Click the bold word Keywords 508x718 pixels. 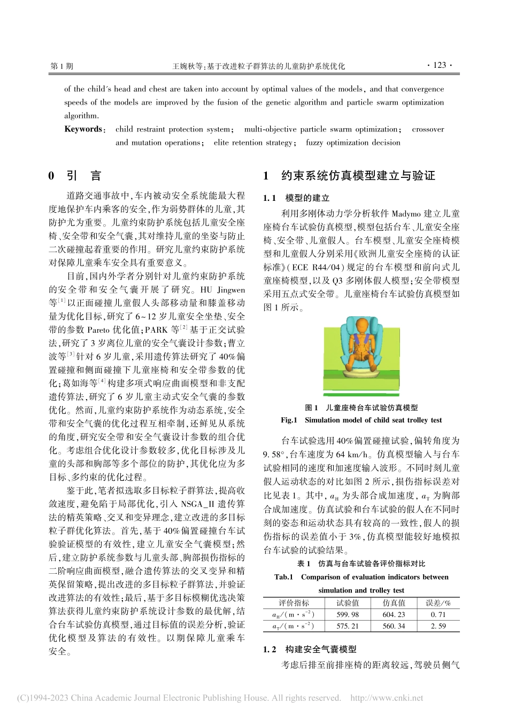point(83,129)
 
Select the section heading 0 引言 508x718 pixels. point(74,176)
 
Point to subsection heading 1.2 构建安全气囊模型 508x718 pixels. point(310,650)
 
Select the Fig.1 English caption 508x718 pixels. point(361,420)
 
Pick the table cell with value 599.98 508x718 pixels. point(347,615)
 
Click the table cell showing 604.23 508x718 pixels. point(394,615)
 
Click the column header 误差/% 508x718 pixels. point(438,603)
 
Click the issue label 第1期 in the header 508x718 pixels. point(61,66)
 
